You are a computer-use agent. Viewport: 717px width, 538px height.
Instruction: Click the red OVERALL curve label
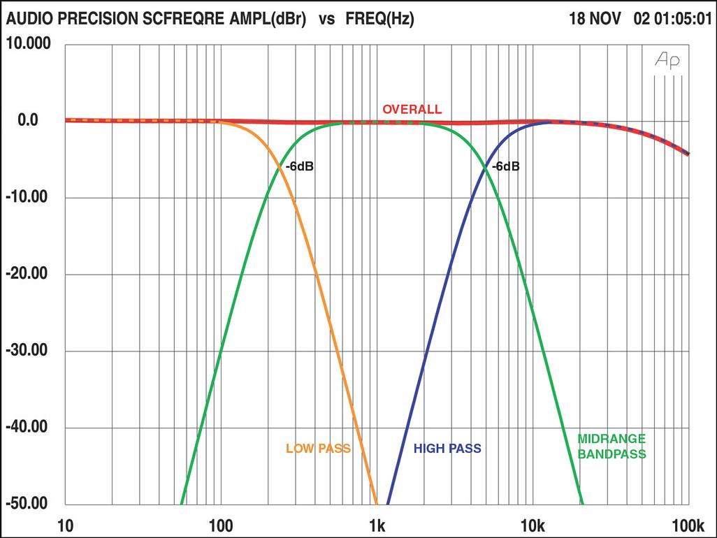click(412, 110)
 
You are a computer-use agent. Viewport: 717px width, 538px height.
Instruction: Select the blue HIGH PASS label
click(447, 448)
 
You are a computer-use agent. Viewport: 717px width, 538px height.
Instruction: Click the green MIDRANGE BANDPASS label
click(611, 446)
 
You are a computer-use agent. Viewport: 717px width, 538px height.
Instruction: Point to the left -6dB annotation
click(299, 168)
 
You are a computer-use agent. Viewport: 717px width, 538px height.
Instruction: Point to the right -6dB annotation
click(505, 168)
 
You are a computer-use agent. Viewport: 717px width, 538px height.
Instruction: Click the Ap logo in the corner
click(667, 61)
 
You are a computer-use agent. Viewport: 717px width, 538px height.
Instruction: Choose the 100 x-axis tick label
click(221, 525)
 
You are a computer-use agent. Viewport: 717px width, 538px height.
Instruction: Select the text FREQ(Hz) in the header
click(379, 20)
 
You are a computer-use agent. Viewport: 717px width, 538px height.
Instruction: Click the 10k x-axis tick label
click(533, 525)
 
